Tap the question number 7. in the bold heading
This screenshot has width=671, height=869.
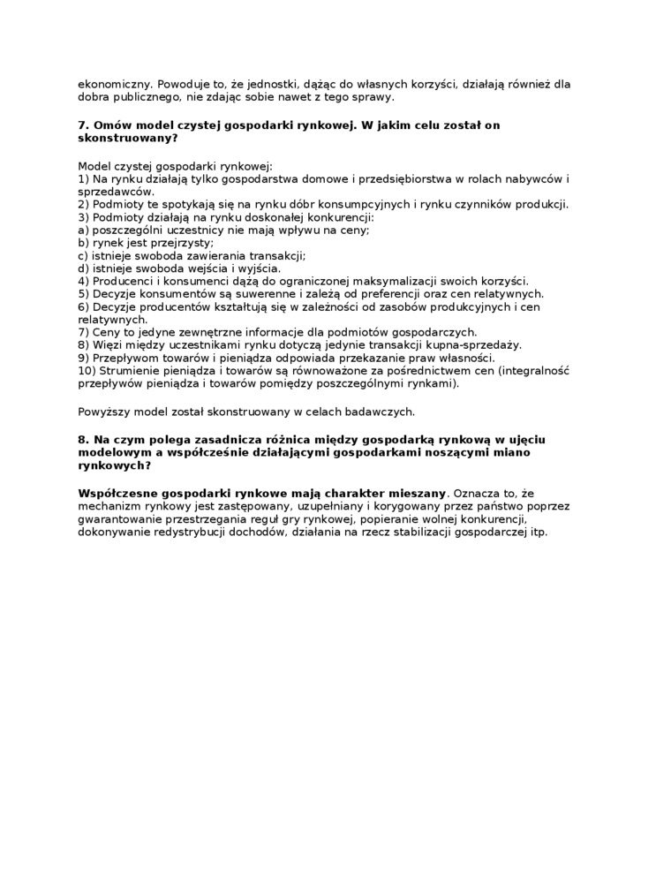point(83,125)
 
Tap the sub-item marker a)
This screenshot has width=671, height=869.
point(83,230)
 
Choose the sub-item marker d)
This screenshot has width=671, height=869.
point(83,268)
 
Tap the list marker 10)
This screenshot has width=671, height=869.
point(87,371)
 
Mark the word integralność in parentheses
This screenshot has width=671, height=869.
point(534,371)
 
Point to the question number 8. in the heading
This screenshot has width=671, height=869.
point(83,439)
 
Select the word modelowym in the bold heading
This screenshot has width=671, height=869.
point(112,452)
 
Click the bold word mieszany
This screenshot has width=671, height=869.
point(418,492)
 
